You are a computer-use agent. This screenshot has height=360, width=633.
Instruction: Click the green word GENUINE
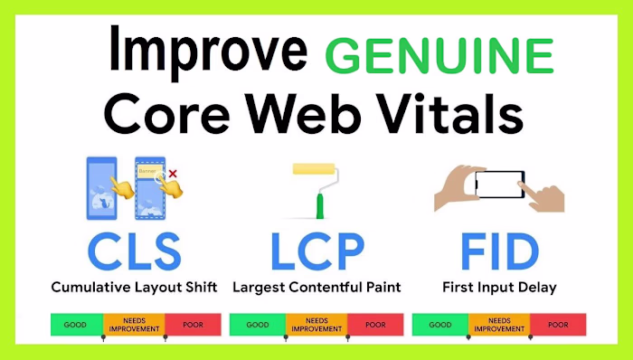[x=439, y=56]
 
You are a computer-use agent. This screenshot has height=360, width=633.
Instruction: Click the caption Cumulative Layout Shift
[x=134, y=288]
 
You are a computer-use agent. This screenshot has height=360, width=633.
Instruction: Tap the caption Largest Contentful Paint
[x=316, y=288]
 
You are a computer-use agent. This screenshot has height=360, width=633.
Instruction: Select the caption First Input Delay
[x=499, y=288]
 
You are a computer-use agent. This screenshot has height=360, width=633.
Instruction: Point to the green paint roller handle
[x=318, y=206]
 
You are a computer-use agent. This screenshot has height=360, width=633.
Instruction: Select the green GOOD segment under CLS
[x=76, y=324]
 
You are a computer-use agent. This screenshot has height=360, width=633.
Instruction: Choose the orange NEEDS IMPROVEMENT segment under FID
[x=498, y=324]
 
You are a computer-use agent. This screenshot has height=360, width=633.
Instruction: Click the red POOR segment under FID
[x=558, y=324]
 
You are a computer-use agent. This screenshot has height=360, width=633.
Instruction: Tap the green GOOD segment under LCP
[x=258, y=324]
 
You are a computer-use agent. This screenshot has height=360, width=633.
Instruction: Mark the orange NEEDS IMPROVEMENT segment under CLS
[x=134, y=324]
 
